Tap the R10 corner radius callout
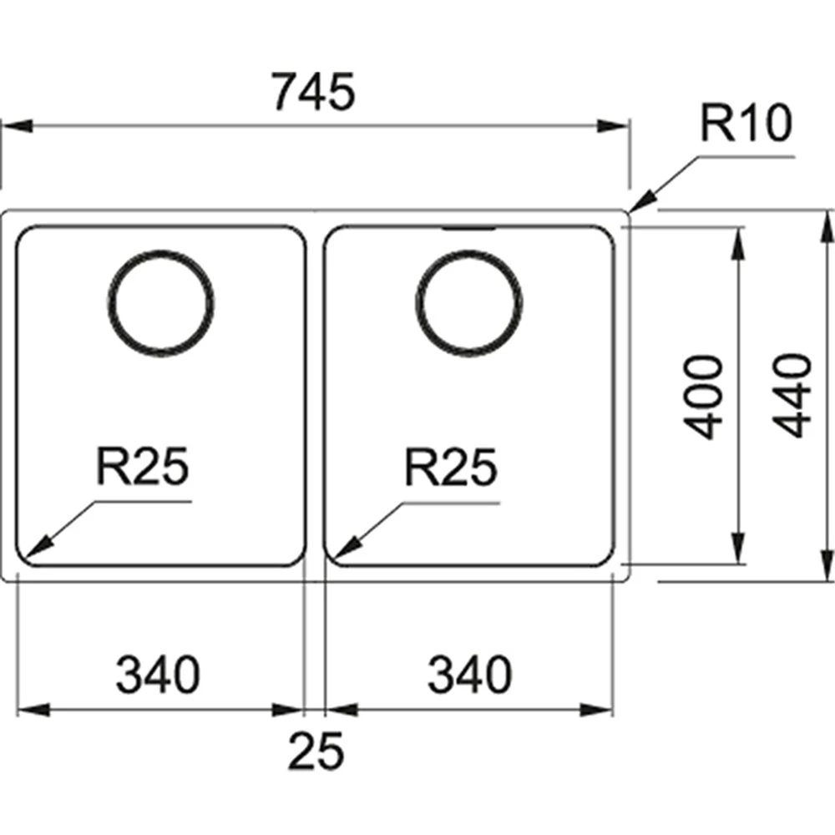click(x=744, y=125)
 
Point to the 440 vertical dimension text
click(x=792, y=395)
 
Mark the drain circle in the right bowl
click(x=470, y=301)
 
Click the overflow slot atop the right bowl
click(x=468, y=227)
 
